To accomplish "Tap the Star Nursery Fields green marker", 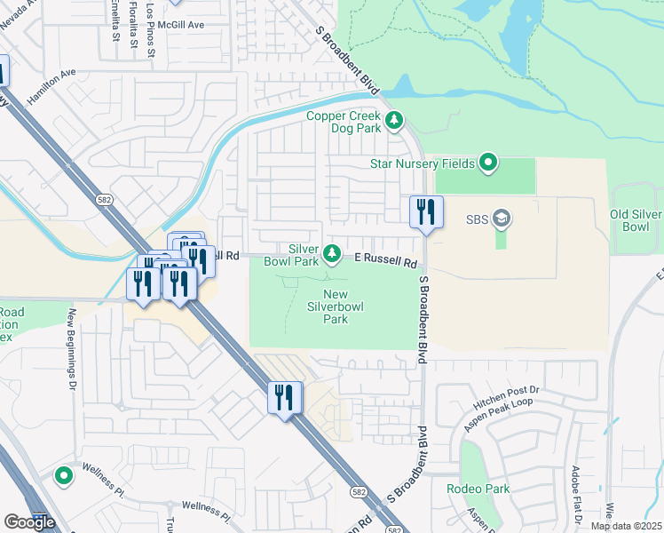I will [x=487, y=163].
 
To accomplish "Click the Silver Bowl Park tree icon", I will [x=332, y=255].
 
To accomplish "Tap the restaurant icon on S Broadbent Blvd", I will [x=426, y=212].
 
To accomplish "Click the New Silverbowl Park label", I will [x=335, y=306].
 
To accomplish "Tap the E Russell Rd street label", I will [x=386, y=262].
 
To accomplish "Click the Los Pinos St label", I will [x=152, y=32].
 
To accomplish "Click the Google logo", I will [x=28, y=522].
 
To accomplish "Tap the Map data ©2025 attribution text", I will [x=626, y=526].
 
